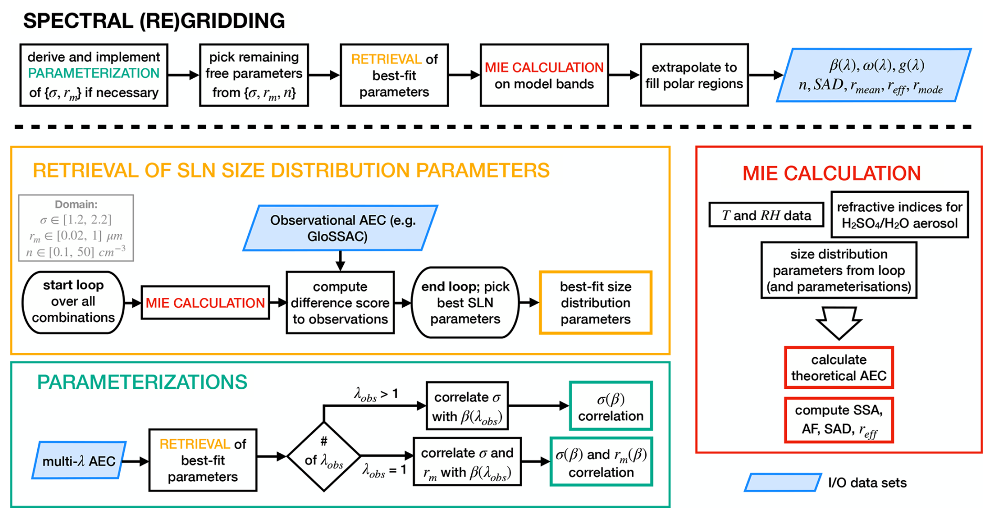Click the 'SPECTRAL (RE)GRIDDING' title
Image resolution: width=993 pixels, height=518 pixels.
(154, 21)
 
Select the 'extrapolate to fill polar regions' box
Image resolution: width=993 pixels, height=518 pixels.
(694, 75)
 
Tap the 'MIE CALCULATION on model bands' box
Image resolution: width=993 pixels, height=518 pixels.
(544, 75)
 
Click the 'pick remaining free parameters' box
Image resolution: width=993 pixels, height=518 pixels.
(253, 75)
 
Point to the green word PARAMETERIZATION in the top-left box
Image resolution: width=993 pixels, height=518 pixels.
(93, 73)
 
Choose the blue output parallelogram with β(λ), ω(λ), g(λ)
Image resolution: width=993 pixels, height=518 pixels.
(873, 75)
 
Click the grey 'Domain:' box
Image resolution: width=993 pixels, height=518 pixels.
(76, 228)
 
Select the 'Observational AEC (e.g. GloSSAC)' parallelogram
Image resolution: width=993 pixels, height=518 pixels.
(341, 228)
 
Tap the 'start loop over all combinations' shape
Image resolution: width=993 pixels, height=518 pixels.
(73, 302)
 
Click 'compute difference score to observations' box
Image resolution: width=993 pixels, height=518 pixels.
(340, 302)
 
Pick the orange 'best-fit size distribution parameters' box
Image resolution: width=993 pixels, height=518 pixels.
(595, 302)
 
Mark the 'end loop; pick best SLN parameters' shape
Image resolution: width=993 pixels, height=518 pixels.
(465, 302)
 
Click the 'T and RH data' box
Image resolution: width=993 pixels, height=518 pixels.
(766, 215)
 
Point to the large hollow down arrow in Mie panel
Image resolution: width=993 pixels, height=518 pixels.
(838, 322)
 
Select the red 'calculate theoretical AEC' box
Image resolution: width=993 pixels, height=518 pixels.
(838, 367)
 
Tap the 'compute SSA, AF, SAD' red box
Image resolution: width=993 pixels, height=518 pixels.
(838, 420)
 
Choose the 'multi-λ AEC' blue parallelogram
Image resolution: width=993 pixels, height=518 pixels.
(79, 461)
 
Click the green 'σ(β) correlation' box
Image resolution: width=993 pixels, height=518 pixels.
(610, 406)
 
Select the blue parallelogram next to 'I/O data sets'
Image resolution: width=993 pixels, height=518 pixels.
(782, 482)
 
